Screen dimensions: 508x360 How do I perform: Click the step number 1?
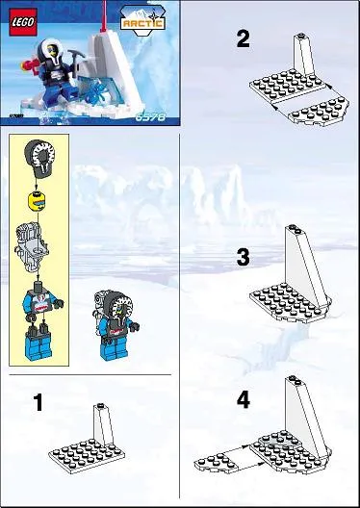(38, 402)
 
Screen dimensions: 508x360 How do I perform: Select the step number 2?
(243, 39)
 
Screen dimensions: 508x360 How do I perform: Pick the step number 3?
(243, 257)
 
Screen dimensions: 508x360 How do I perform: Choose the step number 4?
(243, 399)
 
